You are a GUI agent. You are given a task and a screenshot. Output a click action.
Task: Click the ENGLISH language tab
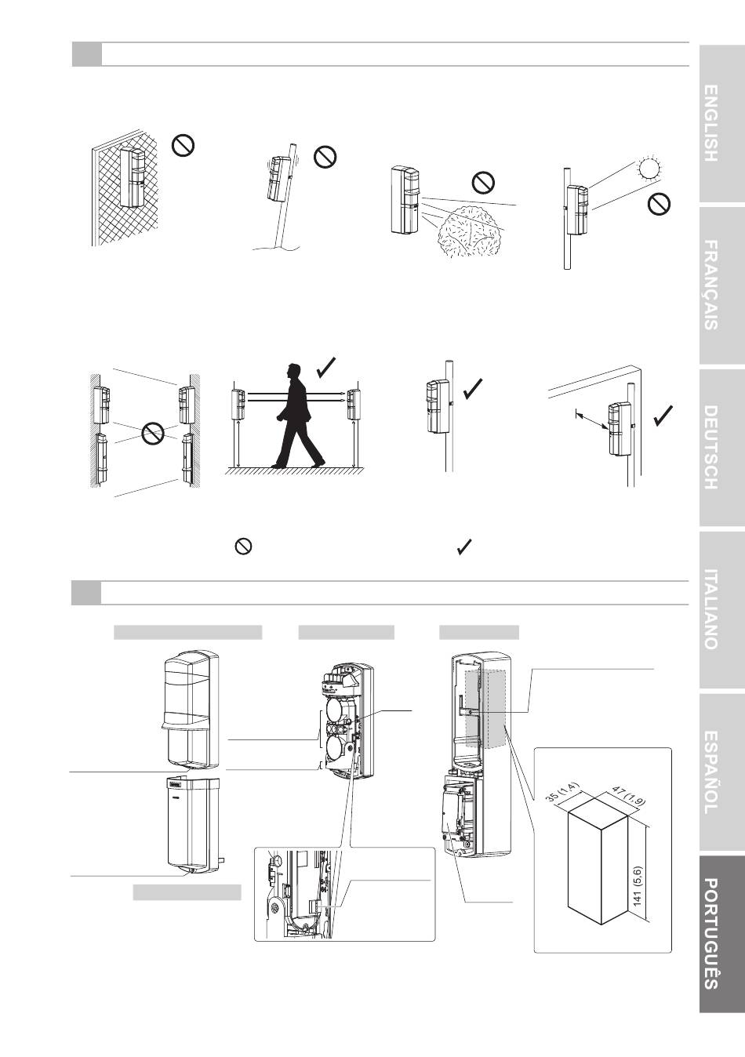(x=722, y=124)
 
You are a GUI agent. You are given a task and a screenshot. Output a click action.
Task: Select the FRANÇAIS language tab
(x=722, y=285)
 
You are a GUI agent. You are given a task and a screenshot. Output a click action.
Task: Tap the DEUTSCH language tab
(x=722, y=447)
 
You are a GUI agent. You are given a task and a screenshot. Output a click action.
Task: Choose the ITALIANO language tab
(x=722, y=610)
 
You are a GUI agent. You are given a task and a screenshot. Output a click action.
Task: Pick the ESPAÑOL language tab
(x=722, y=772)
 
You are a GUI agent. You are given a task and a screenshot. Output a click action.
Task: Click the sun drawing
(x=649, y=169)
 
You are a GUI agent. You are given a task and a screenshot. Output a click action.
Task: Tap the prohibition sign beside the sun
(x=660, y=204)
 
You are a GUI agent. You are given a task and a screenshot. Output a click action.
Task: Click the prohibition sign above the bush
(x=483, y=183)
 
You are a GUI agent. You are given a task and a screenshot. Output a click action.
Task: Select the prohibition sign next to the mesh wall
(x=183, y=145)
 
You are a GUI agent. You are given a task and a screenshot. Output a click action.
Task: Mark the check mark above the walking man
(x=326, y=368)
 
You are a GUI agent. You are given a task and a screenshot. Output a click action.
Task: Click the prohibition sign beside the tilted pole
(x=325, y=157)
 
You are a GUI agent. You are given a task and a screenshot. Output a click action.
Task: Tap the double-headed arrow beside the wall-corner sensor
(x=591, y=421)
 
